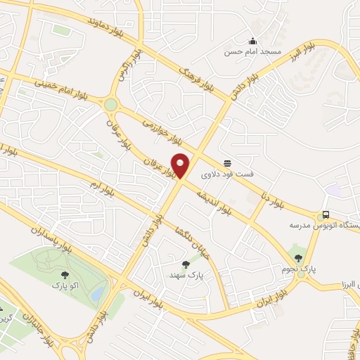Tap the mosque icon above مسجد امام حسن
[253, 41]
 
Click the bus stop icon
[325, 214]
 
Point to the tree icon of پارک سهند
[186, 264]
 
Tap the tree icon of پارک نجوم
[300, 259]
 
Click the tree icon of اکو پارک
[65, 275]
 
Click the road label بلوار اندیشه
[214, 200]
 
